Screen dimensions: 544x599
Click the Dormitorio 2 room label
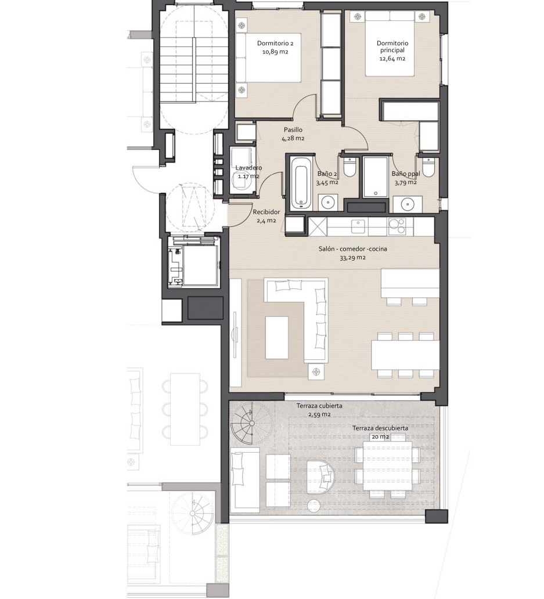275,43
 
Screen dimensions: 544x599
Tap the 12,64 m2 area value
392,59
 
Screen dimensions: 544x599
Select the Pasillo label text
293,130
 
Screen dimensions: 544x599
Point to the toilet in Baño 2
350,167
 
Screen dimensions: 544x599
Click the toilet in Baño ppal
428,167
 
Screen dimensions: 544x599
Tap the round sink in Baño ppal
408,204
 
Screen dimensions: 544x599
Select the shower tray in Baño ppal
376,177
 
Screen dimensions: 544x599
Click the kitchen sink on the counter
358,226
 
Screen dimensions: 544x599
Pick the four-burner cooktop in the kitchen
398,226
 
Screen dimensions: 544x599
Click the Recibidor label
266,212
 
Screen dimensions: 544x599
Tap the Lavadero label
248,168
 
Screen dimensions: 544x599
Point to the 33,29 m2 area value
352,258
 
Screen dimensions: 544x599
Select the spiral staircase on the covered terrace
251,424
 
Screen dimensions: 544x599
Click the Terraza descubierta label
380,428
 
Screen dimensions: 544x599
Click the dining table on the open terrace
387,466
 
